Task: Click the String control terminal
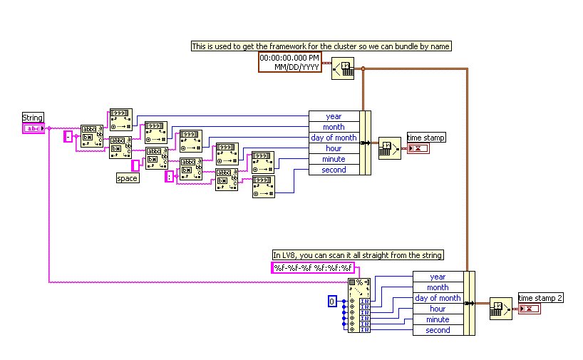pyautogui.click(x=33, y=128)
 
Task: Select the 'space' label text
pyautogui.click(x=127, y=178)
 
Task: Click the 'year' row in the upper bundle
pyautogui.click(x=334, y=116)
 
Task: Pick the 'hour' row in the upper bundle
pyautogui.click(x=334, y=148)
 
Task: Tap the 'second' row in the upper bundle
pyautogui.click(x=334, y=170)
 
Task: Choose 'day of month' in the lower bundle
pyautogui.click(x=438, y=298)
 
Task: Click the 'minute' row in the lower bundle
pyautogui.click(x=438, y=319)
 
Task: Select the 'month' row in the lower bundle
pyautogui.click(x=438, y=287)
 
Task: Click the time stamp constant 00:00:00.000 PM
pyautogui.click(x=289, y=61)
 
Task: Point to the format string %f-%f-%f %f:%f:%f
pyautogui.click(x=313, y=268)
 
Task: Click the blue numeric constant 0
pyautogui.click(x=331, y=302)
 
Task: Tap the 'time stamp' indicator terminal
pyautogui.click(x=418, y=148)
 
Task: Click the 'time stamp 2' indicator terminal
pyautogui.click(x=530, y=309)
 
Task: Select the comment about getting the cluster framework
pyautogui.click(x=321, y=46)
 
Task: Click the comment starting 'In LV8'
pyautogui.click(x=358, y=254)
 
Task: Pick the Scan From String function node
pyautogui.click(x=359, y=305)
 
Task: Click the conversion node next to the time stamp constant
pyautogui.click(x=342, y=69)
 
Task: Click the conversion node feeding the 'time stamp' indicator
pyautogui.click(x=389, y=148)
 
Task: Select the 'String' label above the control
pyautogui.click(x=33, y=118)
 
